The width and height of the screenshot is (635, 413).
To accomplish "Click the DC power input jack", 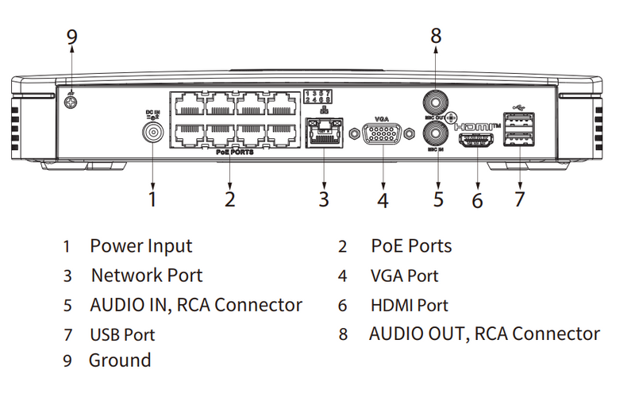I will (152, 132).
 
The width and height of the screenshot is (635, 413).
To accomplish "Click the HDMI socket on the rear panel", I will (478, 141).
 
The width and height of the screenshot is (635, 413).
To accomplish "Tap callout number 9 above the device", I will (71, 37).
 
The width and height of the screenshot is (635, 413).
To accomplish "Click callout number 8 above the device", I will (435, 36).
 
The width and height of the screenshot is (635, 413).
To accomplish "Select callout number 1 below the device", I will (152, 198).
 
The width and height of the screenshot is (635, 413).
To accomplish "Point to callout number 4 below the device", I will (383, 200).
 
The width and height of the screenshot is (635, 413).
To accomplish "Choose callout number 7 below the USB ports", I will (519, 198).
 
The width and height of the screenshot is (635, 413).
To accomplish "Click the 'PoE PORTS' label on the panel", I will (234, 151).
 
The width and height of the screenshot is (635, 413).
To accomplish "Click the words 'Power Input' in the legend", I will (140, 246).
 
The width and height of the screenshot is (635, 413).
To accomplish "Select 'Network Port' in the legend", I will (147, 276).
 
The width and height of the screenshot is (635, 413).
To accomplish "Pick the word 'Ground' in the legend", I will (119, 360).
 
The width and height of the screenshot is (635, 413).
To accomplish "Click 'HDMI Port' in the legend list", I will (409, 305).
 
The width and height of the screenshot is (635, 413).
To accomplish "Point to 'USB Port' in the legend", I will (122, 334).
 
